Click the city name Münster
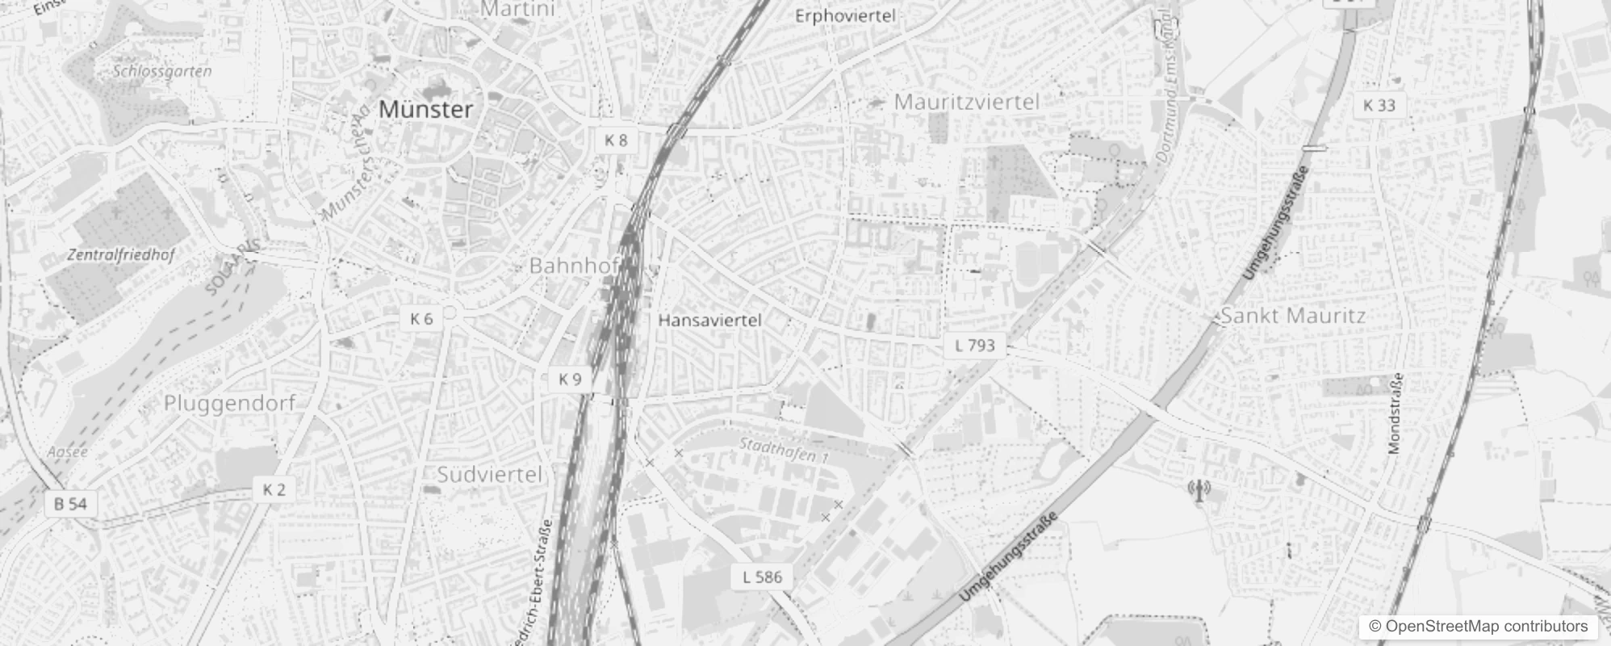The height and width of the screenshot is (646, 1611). pyautogui.click(x=425, y=110)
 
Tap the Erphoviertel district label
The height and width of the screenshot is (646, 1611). pyautogui.click(x=845, y=16)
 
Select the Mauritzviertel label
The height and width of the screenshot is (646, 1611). pyautogui.click(x=967, y=103)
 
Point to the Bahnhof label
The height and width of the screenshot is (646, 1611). pyautogui.click(x=574, y=265)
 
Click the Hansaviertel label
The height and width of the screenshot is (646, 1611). pyautogui.click(x=709, y=321)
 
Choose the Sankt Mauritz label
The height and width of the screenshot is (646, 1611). pyautogui.click(x=1293, y=316)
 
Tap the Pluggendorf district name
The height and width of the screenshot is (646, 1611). pyautogui.click(x=230, y=403)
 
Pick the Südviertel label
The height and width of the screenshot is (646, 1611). pyautogui.click(x=490, y=474)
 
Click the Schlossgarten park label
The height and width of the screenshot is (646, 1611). pyautogui.click(x=162, y=71)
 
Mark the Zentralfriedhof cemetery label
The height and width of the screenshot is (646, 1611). pyautogui.click(x=121, y=255)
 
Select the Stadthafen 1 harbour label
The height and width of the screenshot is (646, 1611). pyautogui.click(x=784, y=450)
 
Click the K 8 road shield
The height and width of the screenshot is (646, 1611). pyautogui.click(x=616, y=141)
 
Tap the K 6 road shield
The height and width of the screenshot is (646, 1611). pyautogui.click(x=421, y=319)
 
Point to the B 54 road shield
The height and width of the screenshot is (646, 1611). pyautogui.click(x=70, y=504)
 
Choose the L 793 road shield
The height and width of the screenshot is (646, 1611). pyautogui.click(x=975, y=346)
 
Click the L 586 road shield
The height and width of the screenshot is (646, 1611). pyautogui.click(x=762, y=577)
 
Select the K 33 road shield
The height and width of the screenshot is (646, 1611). pyautogui.click(x=1379, y=105)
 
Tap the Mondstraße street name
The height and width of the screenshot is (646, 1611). pyautogui.click(x=1396, y=414)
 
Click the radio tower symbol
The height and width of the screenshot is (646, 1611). pyautogui.click(x=1199, y=490)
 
